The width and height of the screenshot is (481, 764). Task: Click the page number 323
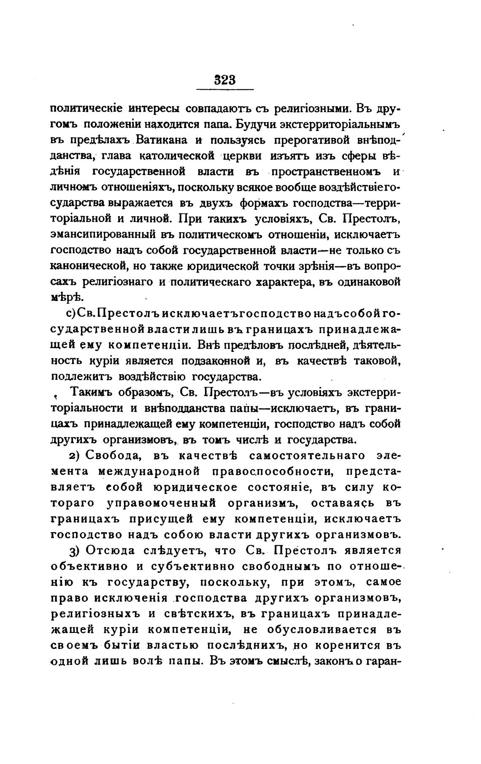coord(224,80)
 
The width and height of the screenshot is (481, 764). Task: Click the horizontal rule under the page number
coord(225,89)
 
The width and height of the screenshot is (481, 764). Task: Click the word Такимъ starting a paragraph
coord(94,392)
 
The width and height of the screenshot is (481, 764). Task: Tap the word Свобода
coord(112,456)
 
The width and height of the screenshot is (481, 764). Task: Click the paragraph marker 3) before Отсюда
coord(74,551)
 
